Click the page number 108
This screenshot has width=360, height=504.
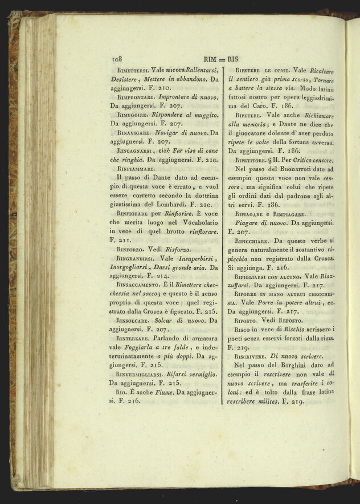118,59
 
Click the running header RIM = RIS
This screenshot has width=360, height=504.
219,59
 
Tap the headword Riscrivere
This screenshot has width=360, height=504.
250,355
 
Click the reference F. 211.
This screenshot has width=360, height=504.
117,240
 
